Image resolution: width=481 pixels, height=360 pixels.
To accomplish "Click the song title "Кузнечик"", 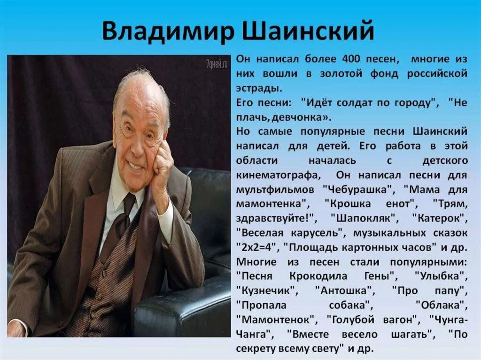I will point(267,290).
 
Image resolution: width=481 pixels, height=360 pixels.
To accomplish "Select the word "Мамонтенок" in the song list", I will point(277,319).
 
